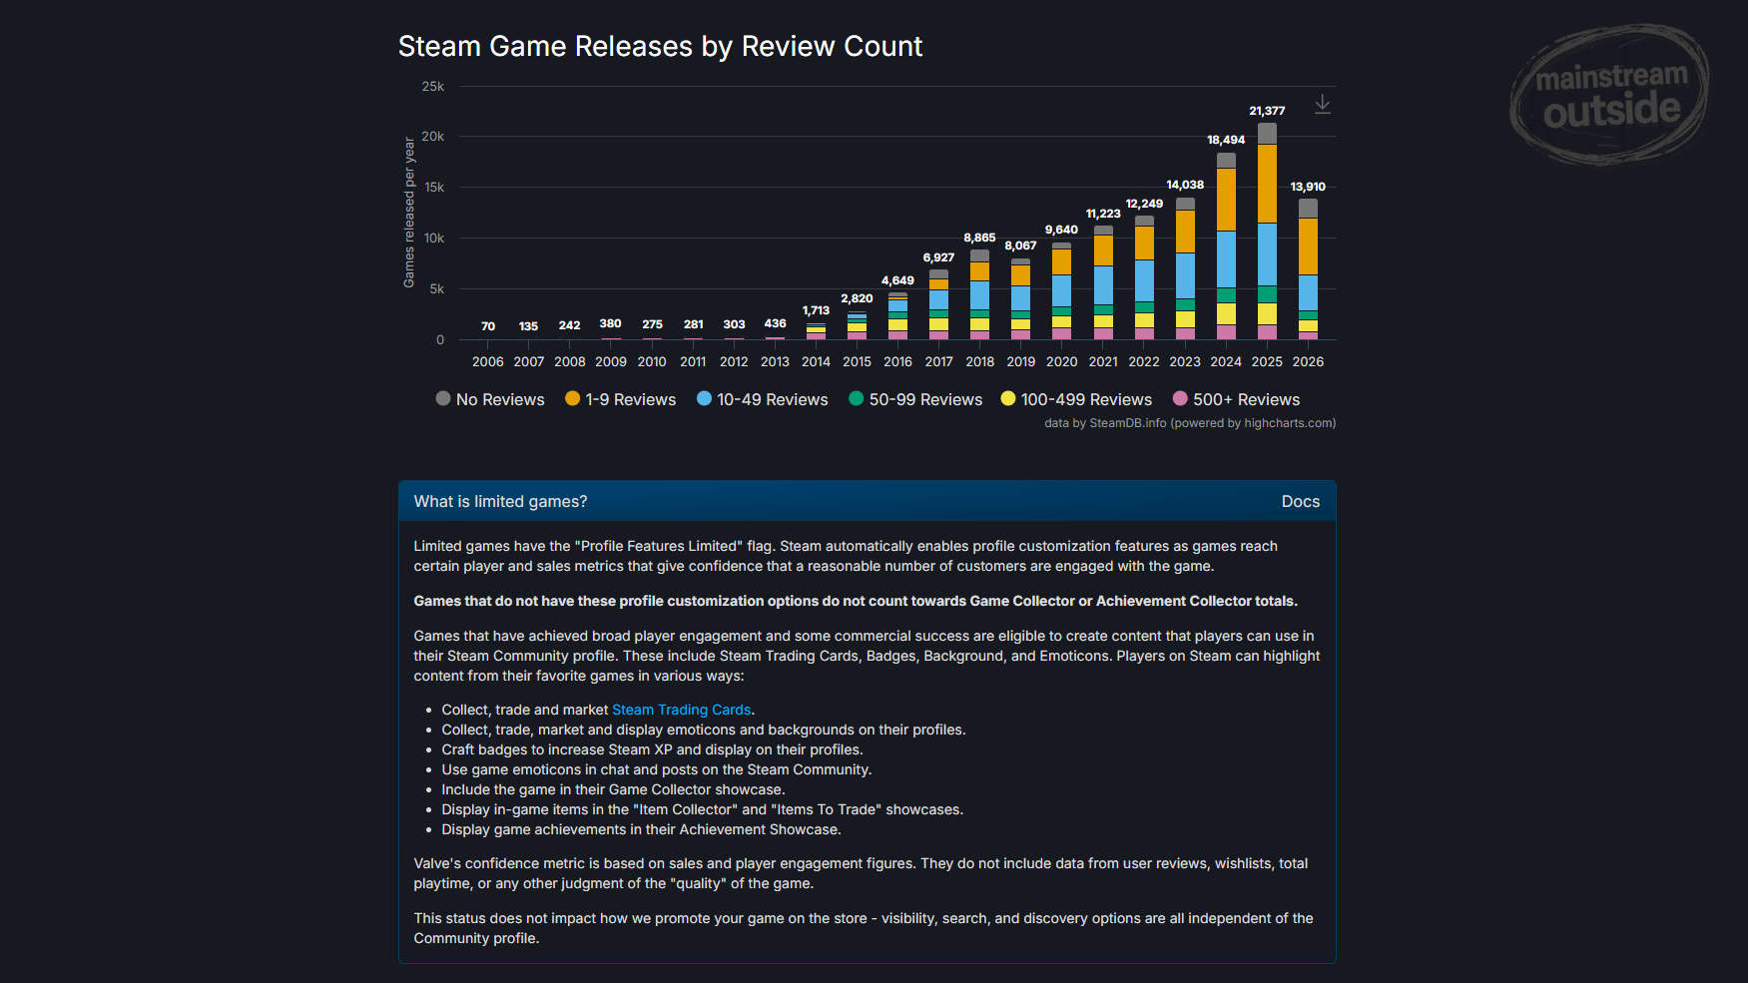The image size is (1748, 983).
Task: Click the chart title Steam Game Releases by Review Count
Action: pyautogui.click(x=660, y=46)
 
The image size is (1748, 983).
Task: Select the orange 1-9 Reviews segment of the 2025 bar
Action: pyautogui.click(x=1267, y=184)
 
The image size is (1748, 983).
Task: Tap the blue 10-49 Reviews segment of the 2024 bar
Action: pyautogui.click(x=1226, y=259)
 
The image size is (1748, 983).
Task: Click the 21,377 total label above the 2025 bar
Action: pyautogui.click(x=1267, y=111)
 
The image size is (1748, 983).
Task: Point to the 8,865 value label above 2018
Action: pyautogui.click(x=979, y=238)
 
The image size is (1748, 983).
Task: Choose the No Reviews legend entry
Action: pyautogui.click(x=490, y=399)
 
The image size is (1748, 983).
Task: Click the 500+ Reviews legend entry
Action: pyautogui.click(x=1236, y=399)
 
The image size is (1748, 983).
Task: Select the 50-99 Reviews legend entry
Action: pyautogui.click(x=915, y=399)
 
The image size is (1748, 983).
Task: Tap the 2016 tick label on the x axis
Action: pyautogui.click(x=897, y=361)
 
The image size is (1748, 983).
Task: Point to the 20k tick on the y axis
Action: pyautogui.click(x=432, y=136)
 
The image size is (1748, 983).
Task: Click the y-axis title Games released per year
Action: pyautogui.click(x=409, y=213)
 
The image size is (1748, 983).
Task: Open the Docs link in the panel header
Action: pyautogui.click(x=1301, y=501)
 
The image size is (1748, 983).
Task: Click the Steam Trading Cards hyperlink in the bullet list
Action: pyautogui.click(x=681, y=710)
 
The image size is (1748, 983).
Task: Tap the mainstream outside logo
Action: pyautogui.click(x=1609, y=95)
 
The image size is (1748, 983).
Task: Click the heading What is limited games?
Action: pyautogui.click(x=500, y=501)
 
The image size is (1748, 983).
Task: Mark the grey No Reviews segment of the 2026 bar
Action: pyautogui.click(x=1308, y=209)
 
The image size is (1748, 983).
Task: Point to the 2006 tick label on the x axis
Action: pyautogui.click(x=487, y=361)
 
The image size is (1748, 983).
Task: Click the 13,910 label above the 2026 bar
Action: pyautogui.click(x=1308, y=187)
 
